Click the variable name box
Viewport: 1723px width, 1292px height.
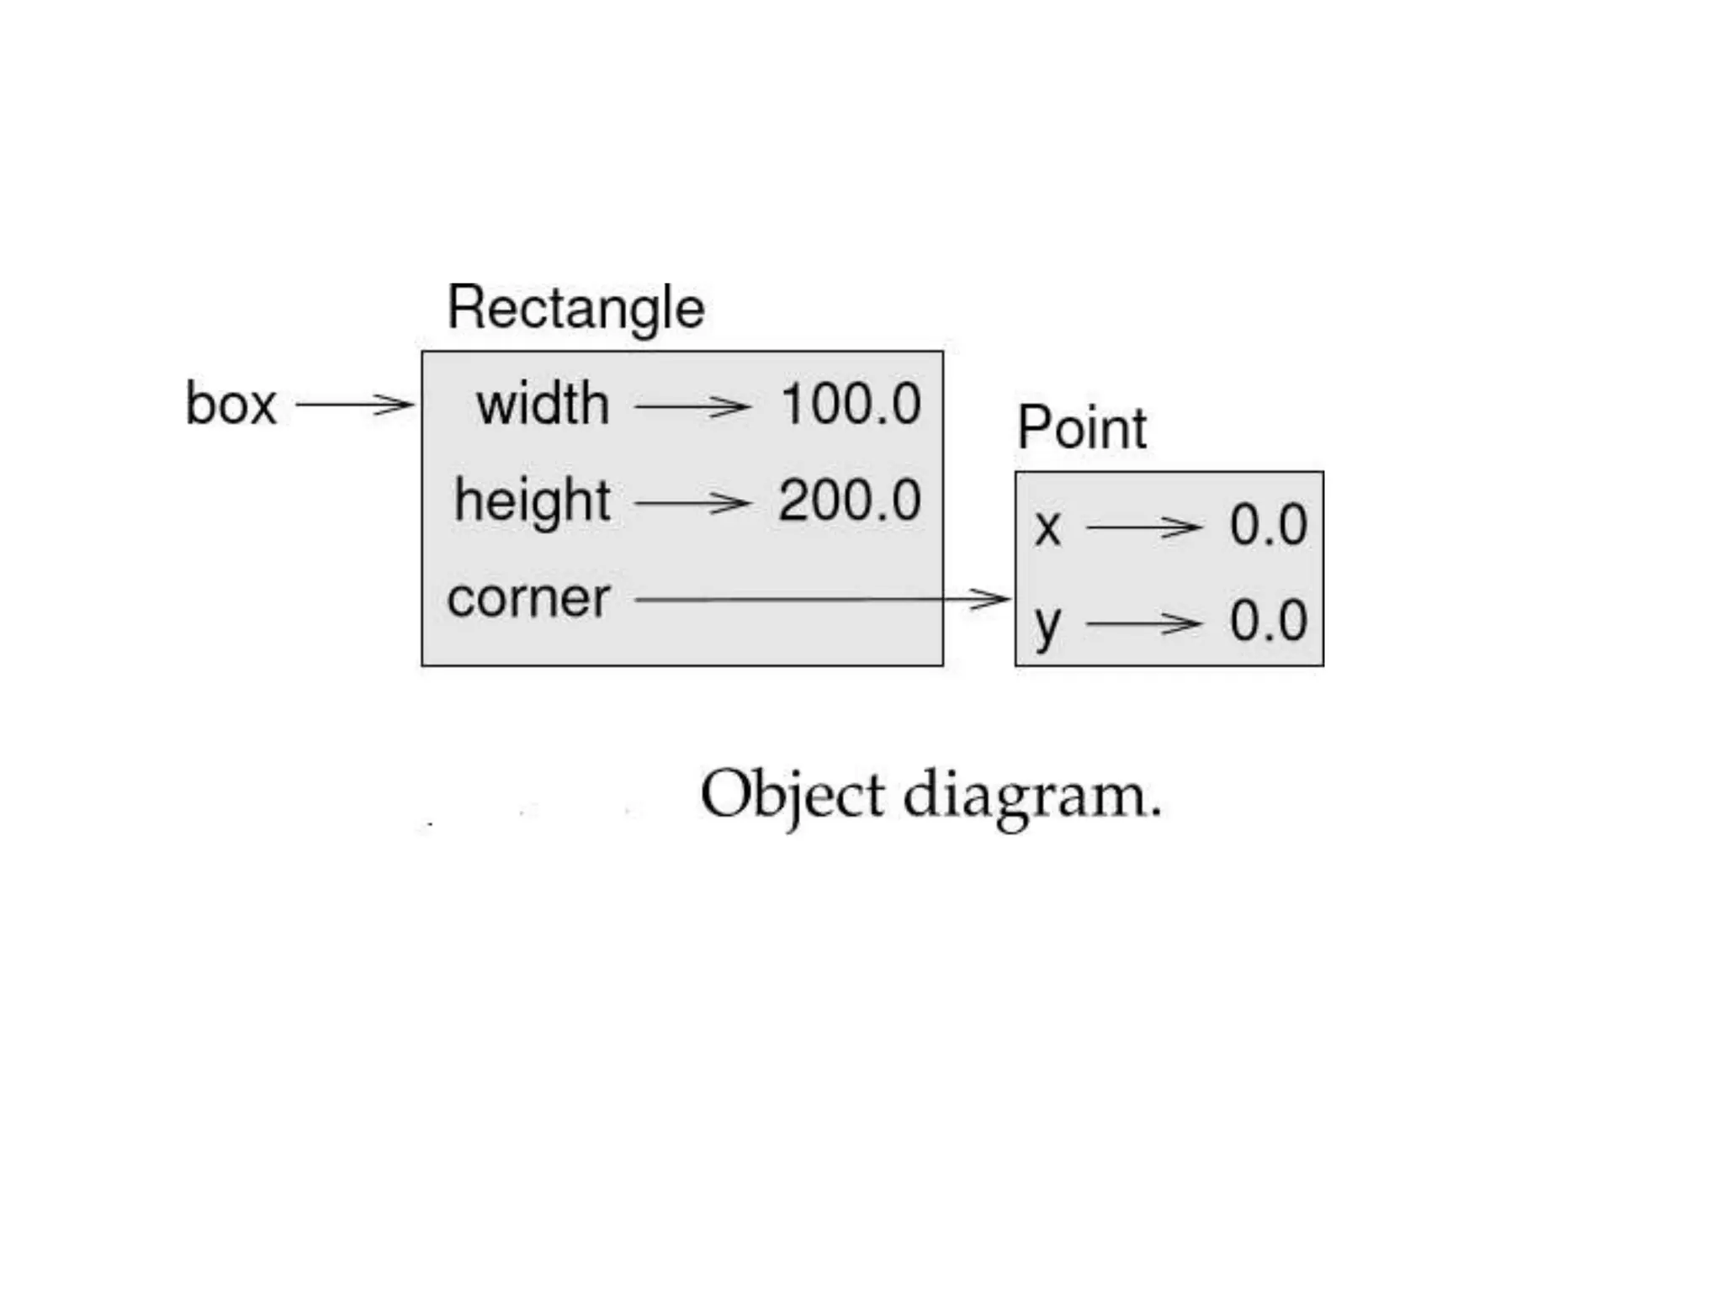coord(231,405)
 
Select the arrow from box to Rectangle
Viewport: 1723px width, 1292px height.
coord(354,405)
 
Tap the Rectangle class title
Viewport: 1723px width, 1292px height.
coord(575,309)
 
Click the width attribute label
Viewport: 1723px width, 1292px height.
coord(543,405)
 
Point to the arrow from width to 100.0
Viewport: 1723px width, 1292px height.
coord(692,406)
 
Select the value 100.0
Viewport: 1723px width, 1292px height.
coord(851,405)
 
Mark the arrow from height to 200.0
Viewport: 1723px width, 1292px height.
coord(692,503)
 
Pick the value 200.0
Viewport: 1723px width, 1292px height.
coord(850,501)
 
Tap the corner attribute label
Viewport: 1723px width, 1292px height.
coord(528,599)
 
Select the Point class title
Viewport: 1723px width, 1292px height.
coord(1082,428)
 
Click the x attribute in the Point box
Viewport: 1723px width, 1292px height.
coord(1047,528)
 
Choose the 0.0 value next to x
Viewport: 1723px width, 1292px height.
coord(1268,526)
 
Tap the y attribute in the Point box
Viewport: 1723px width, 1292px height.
coord(1047,625)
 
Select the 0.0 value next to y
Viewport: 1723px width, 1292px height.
coord(1268,622)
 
